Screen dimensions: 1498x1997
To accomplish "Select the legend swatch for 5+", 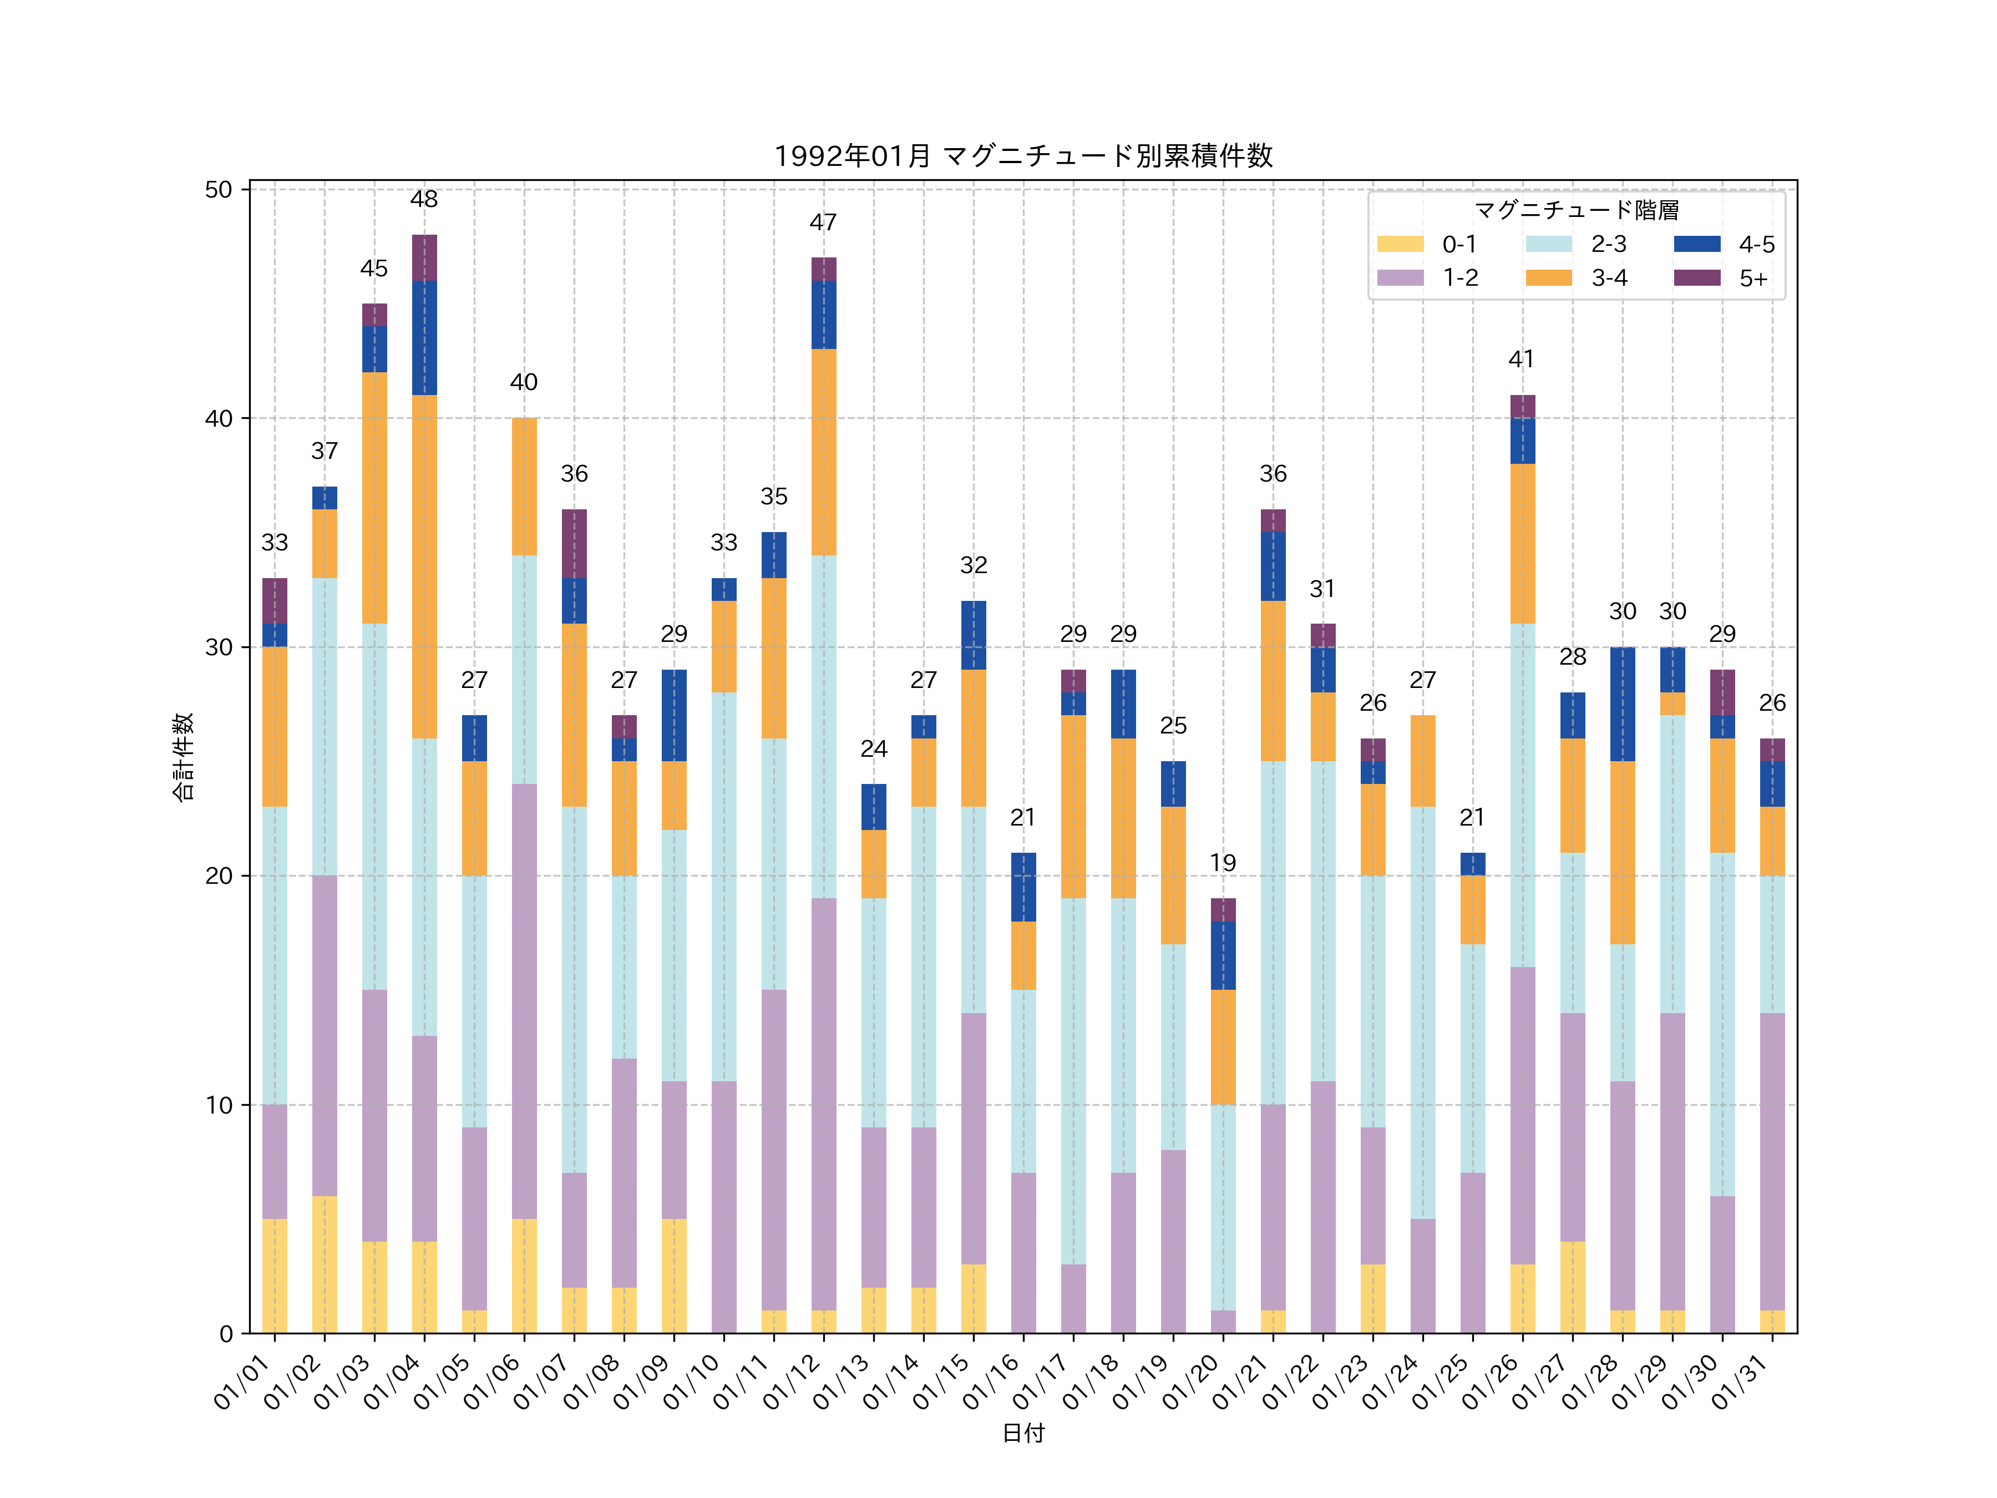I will tap(1696, 277).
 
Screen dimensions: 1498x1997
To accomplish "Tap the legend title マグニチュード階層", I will tap(1577, 210).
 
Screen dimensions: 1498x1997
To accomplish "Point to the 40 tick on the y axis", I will tap(219, 419).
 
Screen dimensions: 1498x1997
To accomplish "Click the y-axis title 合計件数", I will tap(183, 757).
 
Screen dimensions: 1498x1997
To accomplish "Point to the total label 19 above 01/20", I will tap(1223, 863).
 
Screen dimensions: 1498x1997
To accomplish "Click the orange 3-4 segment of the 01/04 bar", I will tap(424, 566).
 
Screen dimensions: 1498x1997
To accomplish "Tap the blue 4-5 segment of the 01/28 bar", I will tap(1623, 704).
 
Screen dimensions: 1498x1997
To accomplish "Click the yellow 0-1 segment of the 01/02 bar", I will tap(325, 1264).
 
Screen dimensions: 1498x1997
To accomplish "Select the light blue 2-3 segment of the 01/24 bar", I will tap(1423, 1012).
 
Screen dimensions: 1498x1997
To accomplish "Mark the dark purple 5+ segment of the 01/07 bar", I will tap(574, 544).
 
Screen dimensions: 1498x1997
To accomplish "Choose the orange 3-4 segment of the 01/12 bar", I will tap(823, 452).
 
